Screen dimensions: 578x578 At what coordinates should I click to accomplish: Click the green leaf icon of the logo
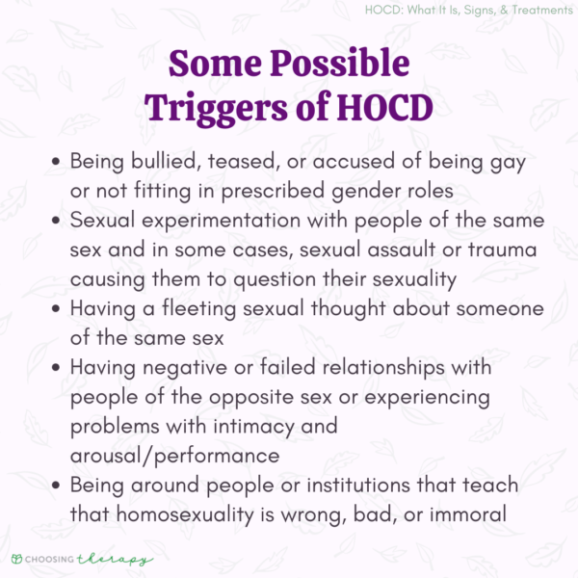[x=17, y=559]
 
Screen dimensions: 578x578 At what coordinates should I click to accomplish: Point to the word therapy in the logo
[x=110, y=559]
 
